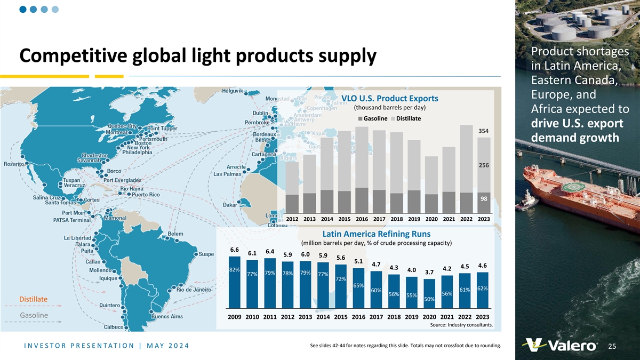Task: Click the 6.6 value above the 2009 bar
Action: click(x=234, y=250)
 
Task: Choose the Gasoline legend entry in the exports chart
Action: click(x=374, y=118)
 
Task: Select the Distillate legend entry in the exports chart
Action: click(x=406, y=118)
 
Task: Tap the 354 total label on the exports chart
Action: click(x=484, y=131)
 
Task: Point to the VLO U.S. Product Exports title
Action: click(x=389, y=98)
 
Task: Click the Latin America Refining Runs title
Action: click(x=377, y=234)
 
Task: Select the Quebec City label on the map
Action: click(x=120, y=126)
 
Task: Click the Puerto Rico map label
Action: click(x=146, y=195)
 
